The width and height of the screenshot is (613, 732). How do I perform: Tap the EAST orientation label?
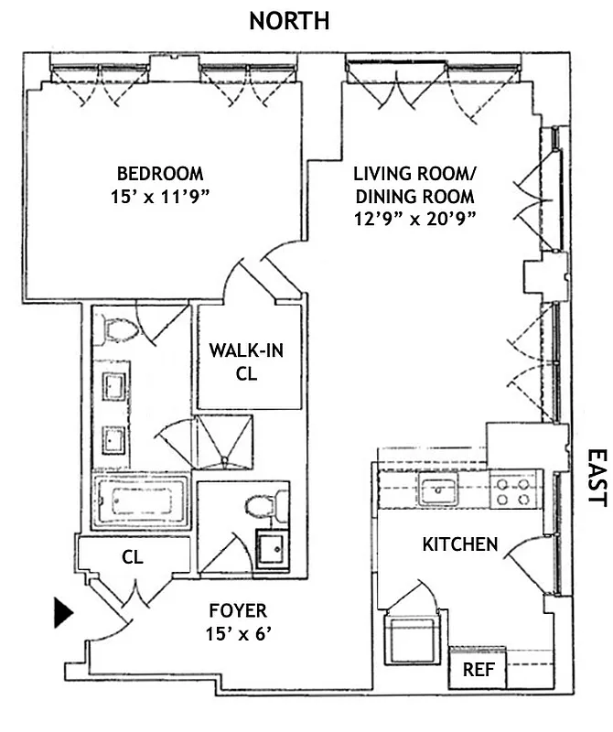[596, 477]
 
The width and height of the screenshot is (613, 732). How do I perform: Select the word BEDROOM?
[160, 173]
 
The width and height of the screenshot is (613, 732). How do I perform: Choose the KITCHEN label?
[459, 544]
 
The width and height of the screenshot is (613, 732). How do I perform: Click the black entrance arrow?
[62, 612]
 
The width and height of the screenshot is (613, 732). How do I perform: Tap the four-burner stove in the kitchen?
[514, 490]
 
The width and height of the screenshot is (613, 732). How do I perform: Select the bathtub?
[142, 501]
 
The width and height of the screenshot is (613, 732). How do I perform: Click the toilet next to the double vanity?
[120, 328]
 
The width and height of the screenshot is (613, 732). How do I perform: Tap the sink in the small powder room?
[272, 549]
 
